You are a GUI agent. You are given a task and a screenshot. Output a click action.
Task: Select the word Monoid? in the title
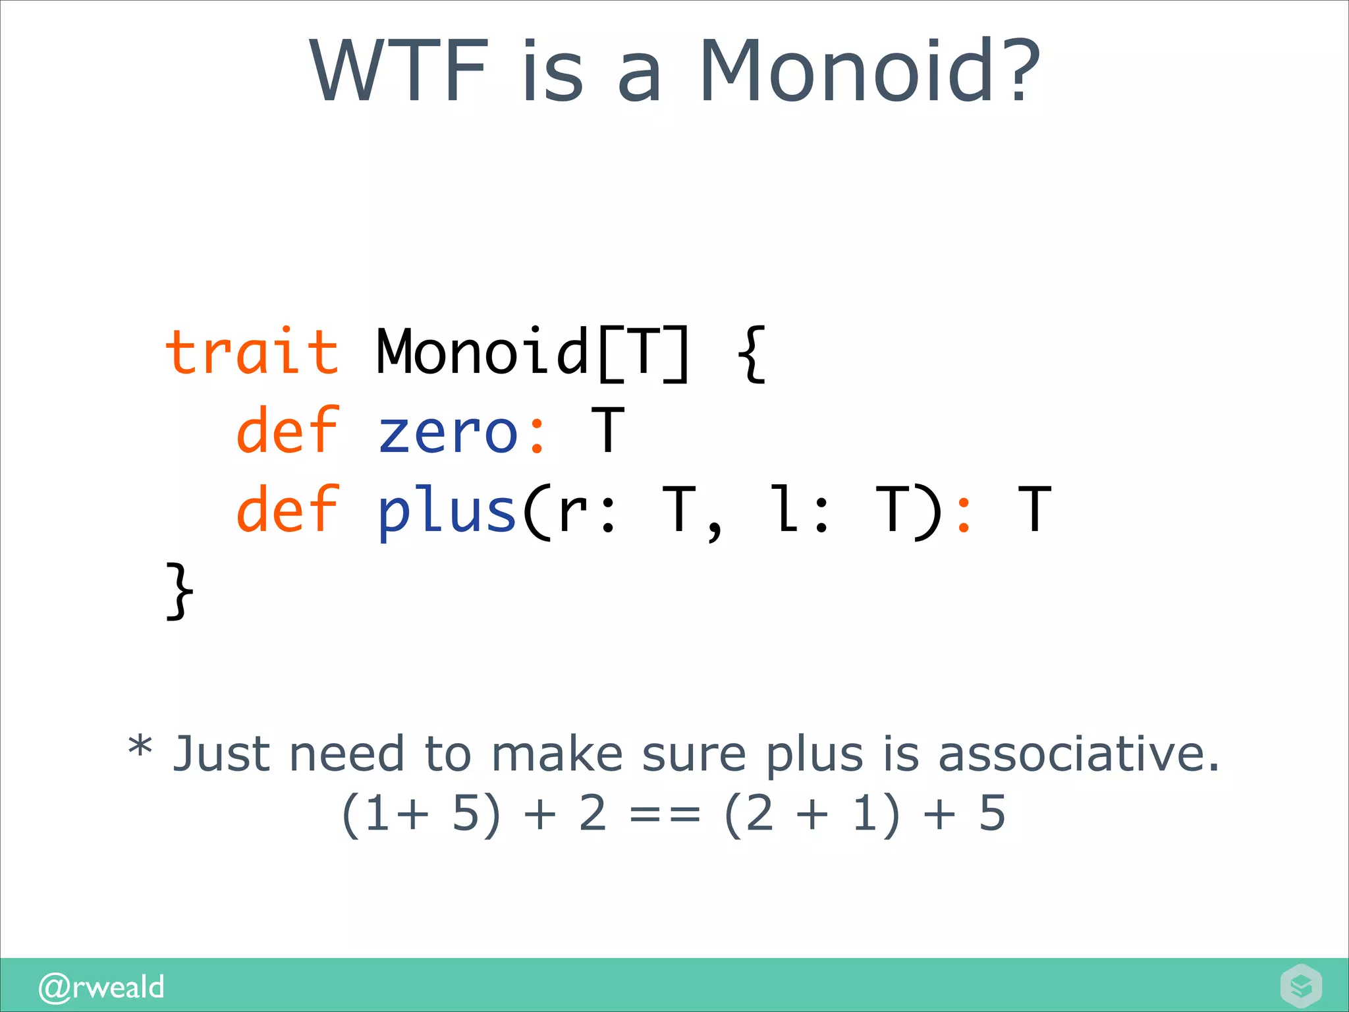(x=869, y=71)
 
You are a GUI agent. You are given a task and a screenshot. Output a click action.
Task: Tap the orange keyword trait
(x=252, y=352)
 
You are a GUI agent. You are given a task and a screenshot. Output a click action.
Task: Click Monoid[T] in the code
(x=532, y=352)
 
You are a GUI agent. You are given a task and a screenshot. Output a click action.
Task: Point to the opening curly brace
(x=751, y=354)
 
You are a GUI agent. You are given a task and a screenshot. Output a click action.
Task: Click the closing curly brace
(x=179, y=590)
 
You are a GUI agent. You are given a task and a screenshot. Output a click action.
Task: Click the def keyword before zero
(x=288, y=432)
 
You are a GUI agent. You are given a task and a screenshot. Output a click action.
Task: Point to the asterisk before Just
(x=140, y=748)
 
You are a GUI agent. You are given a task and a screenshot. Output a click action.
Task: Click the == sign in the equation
(x=665, y=816)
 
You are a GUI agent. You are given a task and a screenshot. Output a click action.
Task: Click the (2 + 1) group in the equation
(x=812, y=814)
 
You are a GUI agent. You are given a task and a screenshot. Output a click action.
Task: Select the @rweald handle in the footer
(x=101, y=987)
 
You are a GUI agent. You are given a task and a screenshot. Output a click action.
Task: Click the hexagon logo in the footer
(x=1301, y=986)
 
